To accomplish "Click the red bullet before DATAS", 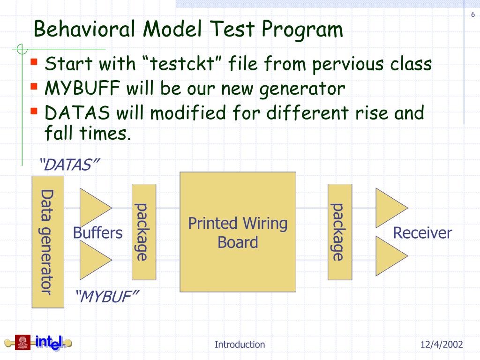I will point(35,111).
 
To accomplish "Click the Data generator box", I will point(47,241).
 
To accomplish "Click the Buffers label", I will point(97,232).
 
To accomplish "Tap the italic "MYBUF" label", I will point(107,296).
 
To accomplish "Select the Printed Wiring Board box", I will point(238,232).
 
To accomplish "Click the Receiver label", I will point(422,232).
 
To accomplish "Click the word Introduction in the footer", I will point(240,345).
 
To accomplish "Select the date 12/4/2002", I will point(441,345).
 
